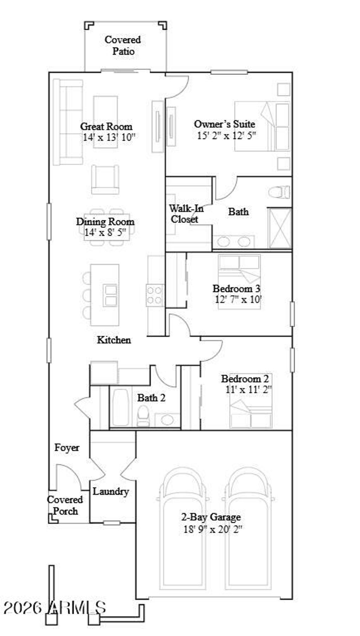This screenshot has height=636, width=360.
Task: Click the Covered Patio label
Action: tap(123, 45)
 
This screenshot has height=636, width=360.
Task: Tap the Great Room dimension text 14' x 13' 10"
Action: tap(109, 137)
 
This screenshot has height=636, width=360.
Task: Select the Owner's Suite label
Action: tap(225, 124)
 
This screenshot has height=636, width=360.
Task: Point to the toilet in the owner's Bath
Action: tap(279, 192)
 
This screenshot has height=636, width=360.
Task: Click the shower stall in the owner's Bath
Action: tap(280, 228)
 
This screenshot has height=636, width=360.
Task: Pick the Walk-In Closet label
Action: tap(186, 214)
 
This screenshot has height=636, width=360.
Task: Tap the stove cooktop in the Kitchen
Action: tap(155, 295)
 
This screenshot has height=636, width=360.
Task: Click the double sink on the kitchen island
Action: tap(110, 296)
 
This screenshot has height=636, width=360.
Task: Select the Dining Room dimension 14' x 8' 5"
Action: tap(105, 232)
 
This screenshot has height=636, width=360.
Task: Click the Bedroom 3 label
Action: tap(236, 288)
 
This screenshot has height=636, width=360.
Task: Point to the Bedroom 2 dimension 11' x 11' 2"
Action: tap(249, 389)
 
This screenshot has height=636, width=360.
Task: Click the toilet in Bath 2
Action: tap(143, 416)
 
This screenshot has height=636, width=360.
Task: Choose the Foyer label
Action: tap(67, 448)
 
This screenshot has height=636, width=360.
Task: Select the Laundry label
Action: tap(111, 491)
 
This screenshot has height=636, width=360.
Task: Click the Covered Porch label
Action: tap(65, 505)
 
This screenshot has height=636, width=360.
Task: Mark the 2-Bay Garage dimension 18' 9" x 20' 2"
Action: tap(213, 529)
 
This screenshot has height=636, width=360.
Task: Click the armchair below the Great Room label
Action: tap(105, 179)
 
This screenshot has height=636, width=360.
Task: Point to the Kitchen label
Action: tap(114, 340)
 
